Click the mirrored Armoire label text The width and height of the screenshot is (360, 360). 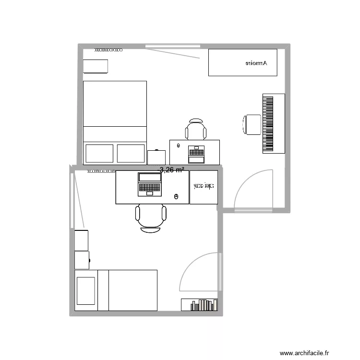point(255,63)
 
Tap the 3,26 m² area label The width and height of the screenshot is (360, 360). point(172,169)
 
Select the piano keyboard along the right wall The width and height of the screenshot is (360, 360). point(268,124)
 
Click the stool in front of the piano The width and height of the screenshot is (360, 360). point(251,124)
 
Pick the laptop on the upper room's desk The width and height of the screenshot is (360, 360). point(196,154)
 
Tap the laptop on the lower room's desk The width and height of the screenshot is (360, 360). point(149,183)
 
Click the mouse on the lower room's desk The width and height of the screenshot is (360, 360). point(176,196)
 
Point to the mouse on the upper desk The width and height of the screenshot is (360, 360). point(179,145)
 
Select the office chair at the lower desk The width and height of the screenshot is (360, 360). point(151,217)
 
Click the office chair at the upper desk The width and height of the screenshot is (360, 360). point(196,130)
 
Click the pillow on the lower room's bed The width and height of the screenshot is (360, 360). point(86,290)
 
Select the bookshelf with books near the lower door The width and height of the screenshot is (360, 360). point(200,304)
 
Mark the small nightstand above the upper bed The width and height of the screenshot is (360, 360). point(96,66)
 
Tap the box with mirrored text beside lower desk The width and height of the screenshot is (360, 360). point(204,187)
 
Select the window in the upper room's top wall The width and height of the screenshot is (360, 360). point(172,46)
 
